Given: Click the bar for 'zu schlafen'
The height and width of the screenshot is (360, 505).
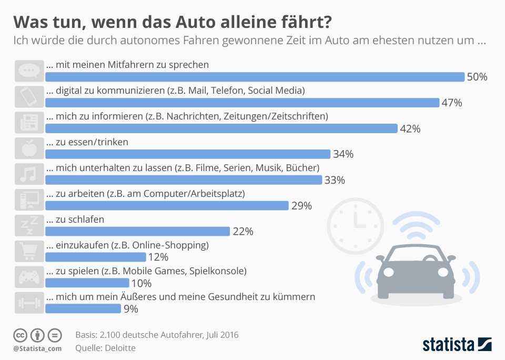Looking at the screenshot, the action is tap(137, 232).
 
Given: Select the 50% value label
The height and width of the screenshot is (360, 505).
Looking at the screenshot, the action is tap(477, 77).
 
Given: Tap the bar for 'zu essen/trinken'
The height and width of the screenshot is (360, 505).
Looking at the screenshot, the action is tap(188, 154).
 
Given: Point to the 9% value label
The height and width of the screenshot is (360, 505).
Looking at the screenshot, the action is tap(131, 309).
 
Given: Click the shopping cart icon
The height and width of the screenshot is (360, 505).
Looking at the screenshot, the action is tap(29, 251).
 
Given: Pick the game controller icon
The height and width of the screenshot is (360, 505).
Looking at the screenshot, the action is tap(29, 277).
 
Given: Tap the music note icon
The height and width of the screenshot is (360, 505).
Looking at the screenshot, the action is tap(29, 174).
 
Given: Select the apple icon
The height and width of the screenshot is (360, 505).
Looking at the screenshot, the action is tap(29, 148).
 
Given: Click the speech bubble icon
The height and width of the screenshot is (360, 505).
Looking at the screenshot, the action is tap(29, 71).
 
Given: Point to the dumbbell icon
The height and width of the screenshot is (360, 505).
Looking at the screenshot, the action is tap(29, 303).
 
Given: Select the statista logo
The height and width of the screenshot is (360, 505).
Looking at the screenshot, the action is tap(457, 344).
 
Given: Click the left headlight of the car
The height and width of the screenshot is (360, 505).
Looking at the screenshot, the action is tap(388, 272).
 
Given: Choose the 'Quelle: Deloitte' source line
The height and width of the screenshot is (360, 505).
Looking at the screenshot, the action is tap(105, 348).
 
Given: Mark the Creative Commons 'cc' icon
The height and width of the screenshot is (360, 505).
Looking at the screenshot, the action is tap(20, 335).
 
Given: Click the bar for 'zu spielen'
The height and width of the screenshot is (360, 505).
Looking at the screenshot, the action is tap(87, 283).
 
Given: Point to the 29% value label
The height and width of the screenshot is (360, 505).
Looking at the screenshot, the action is tap(301, 206).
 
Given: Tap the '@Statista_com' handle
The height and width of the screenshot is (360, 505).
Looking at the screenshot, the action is tap(37, 348).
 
